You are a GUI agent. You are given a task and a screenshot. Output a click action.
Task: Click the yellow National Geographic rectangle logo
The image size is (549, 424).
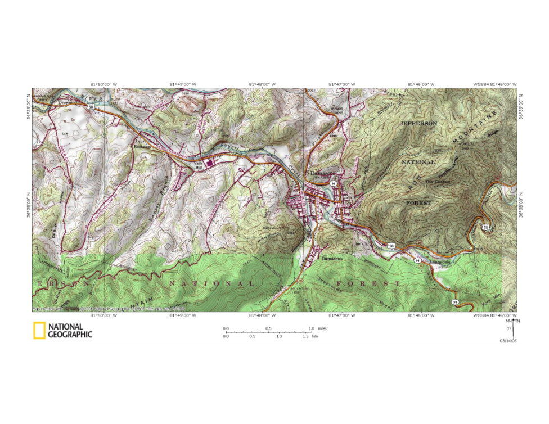point(39,331)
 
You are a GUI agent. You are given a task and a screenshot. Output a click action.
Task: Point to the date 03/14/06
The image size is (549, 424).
point(508,340)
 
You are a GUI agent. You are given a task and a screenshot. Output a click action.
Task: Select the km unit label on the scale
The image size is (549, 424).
point(315,336)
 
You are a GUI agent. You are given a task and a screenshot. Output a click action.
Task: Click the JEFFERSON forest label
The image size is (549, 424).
point(417,123)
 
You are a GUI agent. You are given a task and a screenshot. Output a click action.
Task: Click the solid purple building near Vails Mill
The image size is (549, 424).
point(209,163)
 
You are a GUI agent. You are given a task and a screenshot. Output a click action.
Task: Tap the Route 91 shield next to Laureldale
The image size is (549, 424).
point(417,261)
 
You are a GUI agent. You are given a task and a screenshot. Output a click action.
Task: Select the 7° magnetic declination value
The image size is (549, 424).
point(508,328)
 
